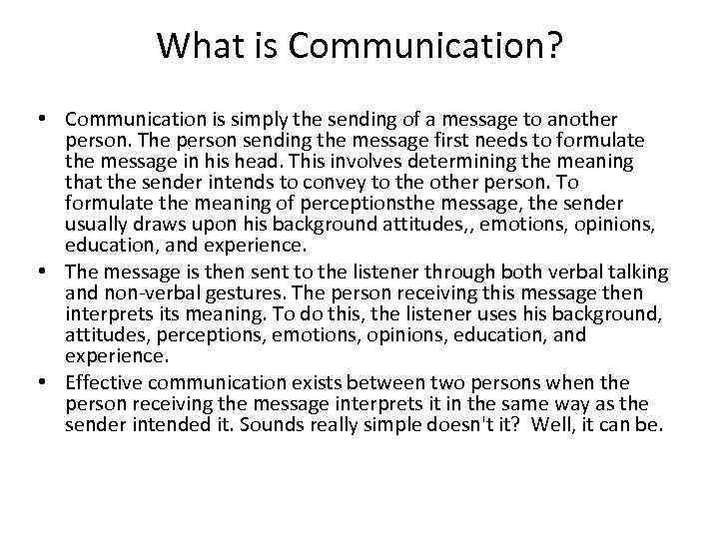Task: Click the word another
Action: click(583, 120)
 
